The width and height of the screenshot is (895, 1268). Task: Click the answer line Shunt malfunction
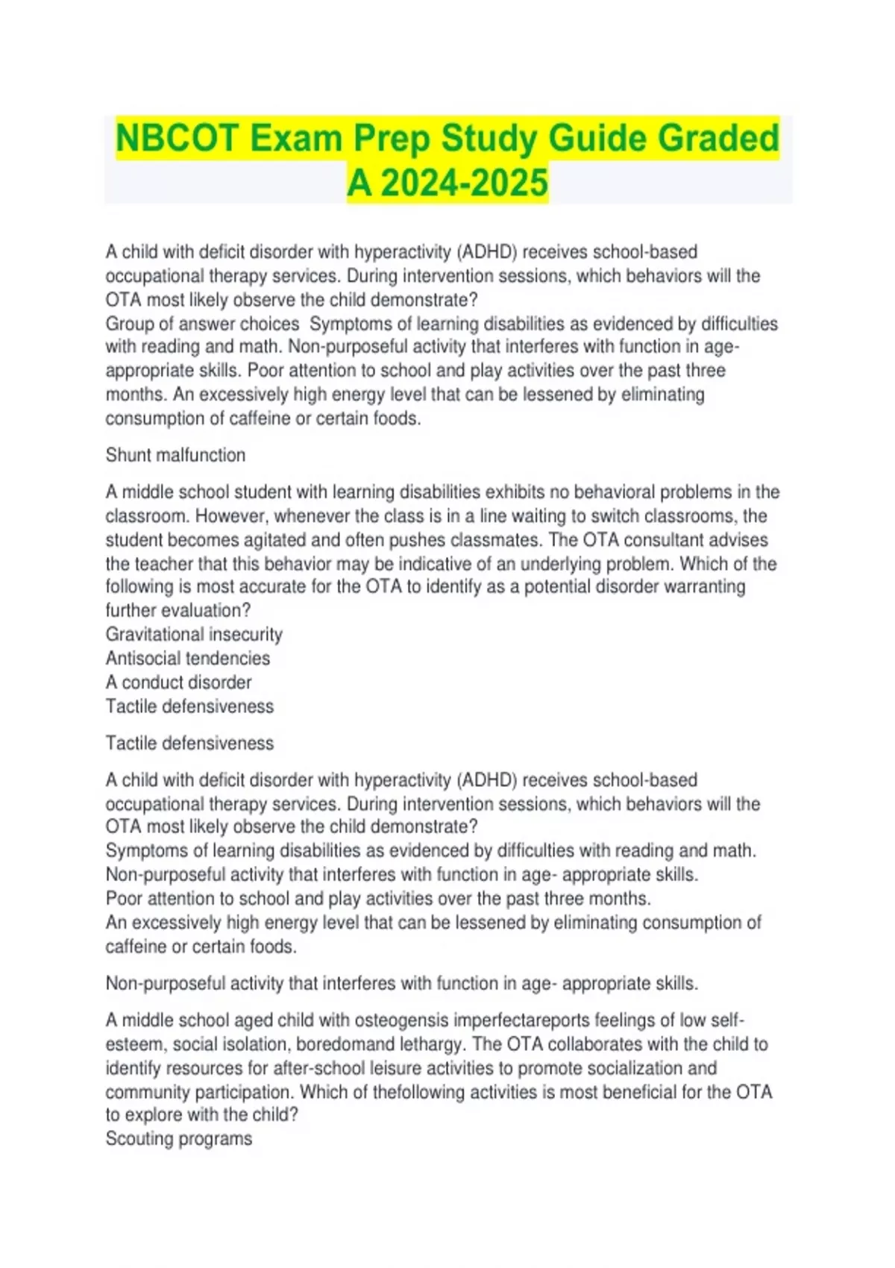pos(175,455)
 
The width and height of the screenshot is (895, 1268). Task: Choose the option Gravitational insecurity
pos(194,634)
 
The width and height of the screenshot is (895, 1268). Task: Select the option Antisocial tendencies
pos(188,658)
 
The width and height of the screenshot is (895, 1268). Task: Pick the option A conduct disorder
pos(179,682)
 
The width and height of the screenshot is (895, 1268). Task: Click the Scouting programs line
pos(179,1138)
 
